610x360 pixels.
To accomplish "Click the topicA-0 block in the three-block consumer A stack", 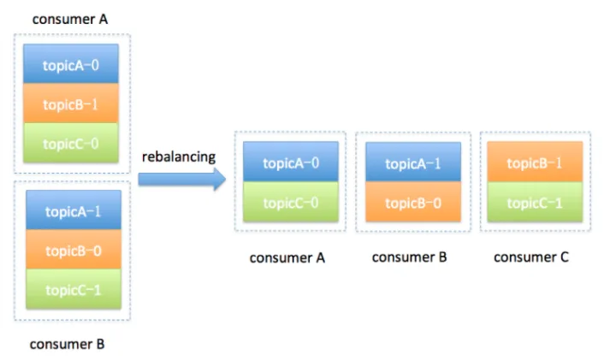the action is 71,64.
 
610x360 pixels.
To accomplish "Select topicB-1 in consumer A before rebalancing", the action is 71,103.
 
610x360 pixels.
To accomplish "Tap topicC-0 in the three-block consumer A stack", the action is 71,143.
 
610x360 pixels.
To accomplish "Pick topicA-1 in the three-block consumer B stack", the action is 74,210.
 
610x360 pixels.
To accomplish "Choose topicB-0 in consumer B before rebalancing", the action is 74,250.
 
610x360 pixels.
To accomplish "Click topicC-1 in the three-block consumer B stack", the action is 74,289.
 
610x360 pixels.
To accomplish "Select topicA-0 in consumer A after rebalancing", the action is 291,162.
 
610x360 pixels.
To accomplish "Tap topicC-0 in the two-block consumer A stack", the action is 291,202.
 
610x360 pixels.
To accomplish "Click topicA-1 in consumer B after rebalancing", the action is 413,162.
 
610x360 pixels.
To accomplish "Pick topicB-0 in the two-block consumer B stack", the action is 413,202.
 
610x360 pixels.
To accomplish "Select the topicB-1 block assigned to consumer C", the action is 535,162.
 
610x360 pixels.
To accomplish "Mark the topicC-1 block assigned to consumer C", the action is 535,202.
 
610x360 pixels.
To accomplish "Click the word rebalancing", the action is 179,156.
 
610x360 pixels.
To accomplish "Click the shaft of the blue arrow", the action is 176,180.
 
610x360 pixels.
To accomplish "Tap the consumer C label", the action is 531,257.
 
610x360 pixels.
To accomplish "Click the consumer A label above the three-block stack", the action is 70,19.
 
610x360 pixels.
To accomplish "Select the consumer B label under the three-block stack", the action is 67,344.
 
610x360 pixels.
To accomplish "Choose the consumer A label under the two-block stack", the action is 287,257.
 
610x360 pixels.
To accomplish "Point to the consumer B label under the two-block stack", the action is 409,257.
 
